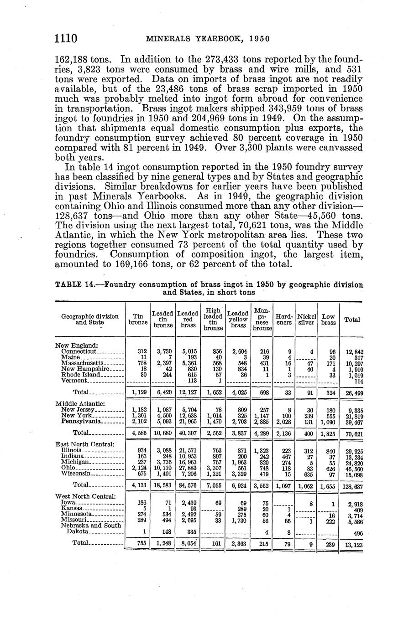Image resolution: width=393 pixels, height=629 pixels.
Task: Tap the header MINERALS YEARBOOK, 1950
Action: pos(207,39)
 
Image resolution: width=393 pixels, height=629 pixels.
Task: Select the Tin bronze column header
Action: pos(138,320)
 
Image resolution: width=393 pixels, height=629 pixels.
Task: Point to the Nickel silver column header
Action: pos(306,320)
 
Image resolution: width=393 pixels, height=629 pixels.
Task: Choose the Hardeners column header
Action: pos(284,320)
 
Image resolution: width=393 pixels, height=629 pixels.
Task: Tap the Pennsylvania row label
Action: pos(80,422)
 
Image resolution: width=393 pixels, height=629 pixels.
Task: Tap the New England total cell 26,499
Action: pos(353,392)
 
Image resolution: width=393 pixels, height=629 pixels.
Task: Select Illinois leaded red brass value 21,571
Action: pos(188,450)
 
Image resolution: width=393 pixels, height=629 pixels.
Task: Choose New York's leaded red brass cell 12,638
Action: pos(188,416)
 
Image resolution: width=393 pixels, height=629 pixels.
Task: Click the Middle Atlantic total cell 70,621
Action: pos(353,433)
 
